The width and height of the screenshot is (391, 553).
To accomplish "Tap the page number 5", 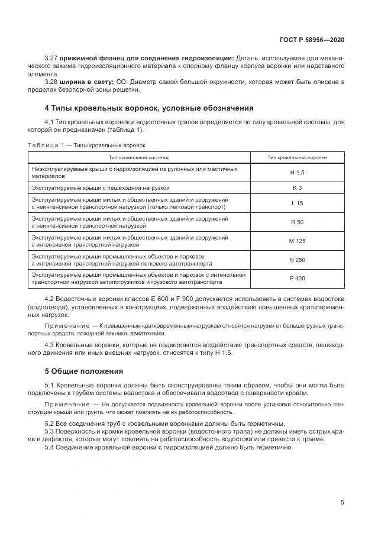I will tap(342, 503).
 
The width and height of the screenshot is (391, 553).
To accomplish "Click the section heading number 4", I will tap(47, 108).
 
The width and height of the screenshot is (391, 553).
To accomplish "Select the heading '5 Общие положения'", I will tap(85, 371).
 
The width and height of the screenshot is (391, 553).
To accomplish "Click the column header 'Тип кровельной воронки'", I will tap(297, 157).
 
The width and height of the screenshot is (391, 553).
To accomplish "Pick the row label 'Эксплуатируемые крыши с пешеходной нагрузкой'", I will tap(101, 187).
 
